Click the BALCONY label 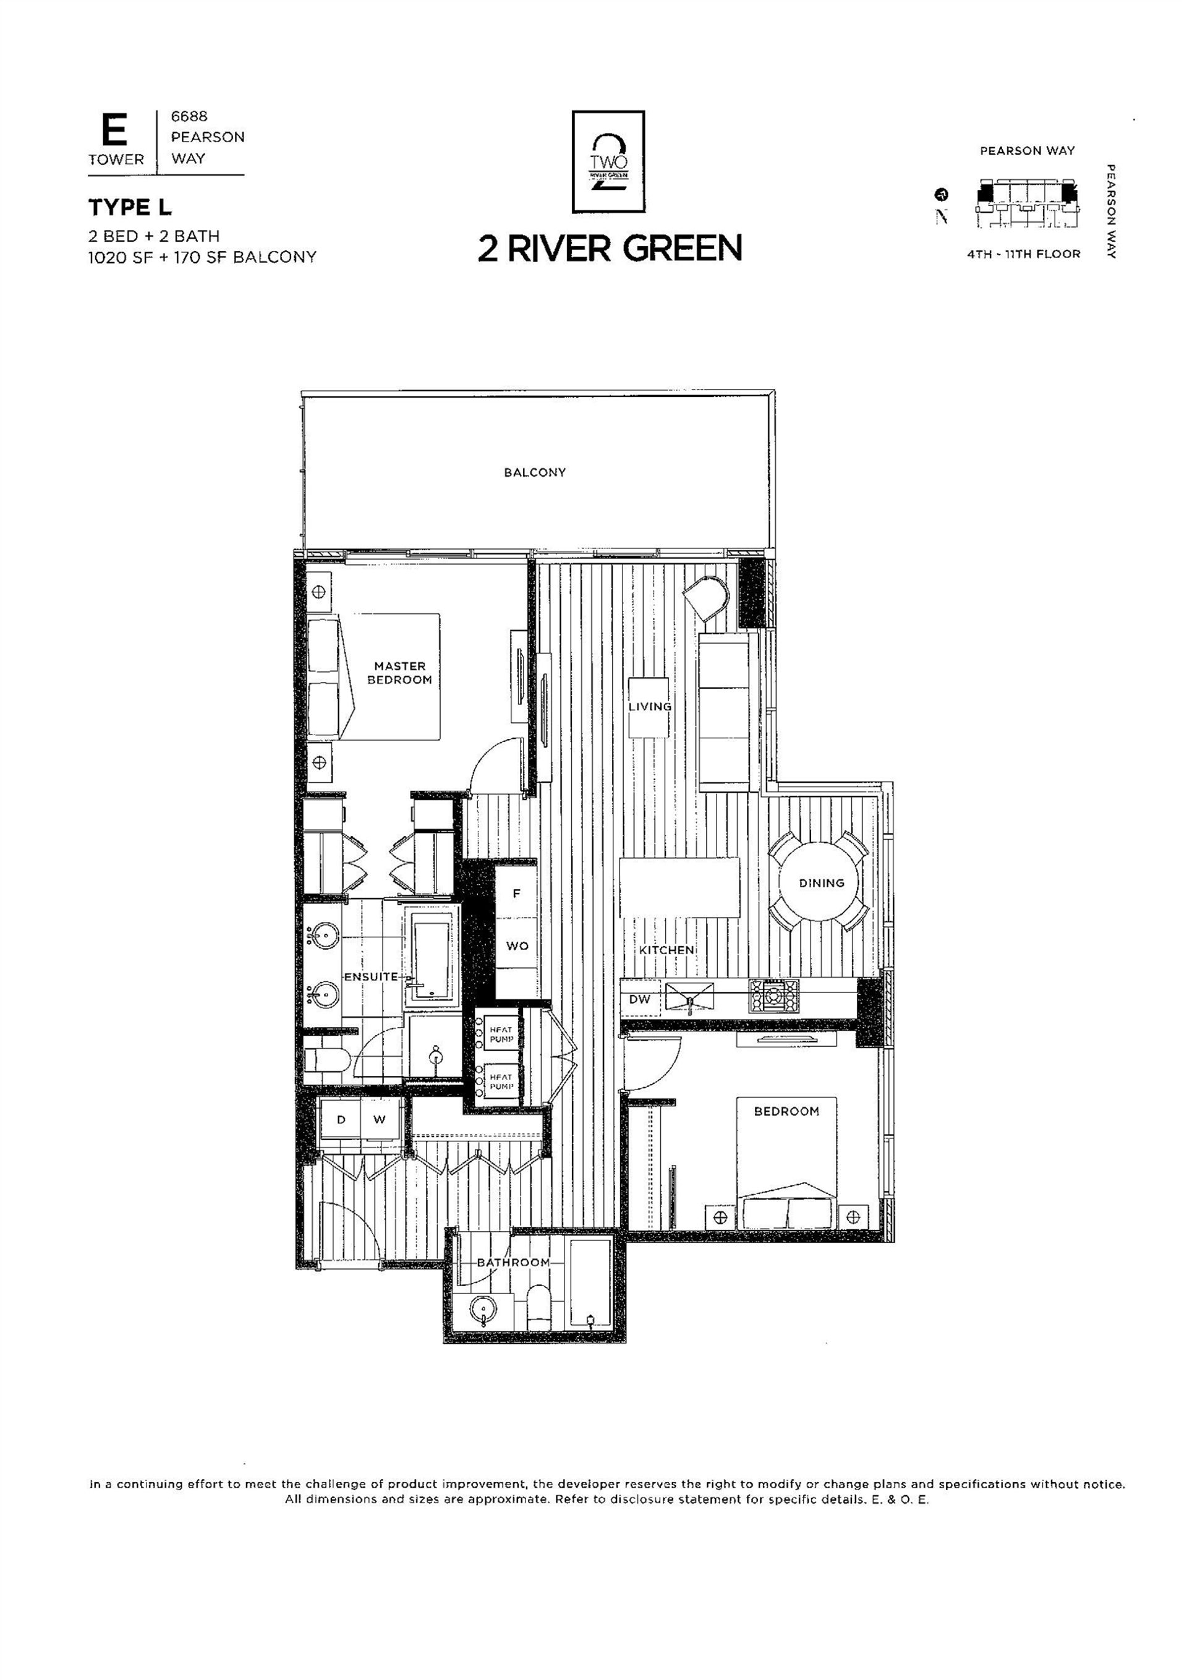534,472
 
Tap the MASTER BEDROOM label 399,673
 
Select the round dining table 820,882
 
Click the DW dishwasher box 640,999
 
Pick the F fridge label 517,893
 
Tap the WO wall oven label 517,946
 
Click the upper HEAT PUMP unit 498,1034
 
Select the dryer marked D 341,1120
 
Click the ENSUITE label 371,977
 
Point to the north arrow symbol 941,194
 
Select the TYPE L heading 130,208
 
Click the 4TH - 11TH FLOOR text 1023,254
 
